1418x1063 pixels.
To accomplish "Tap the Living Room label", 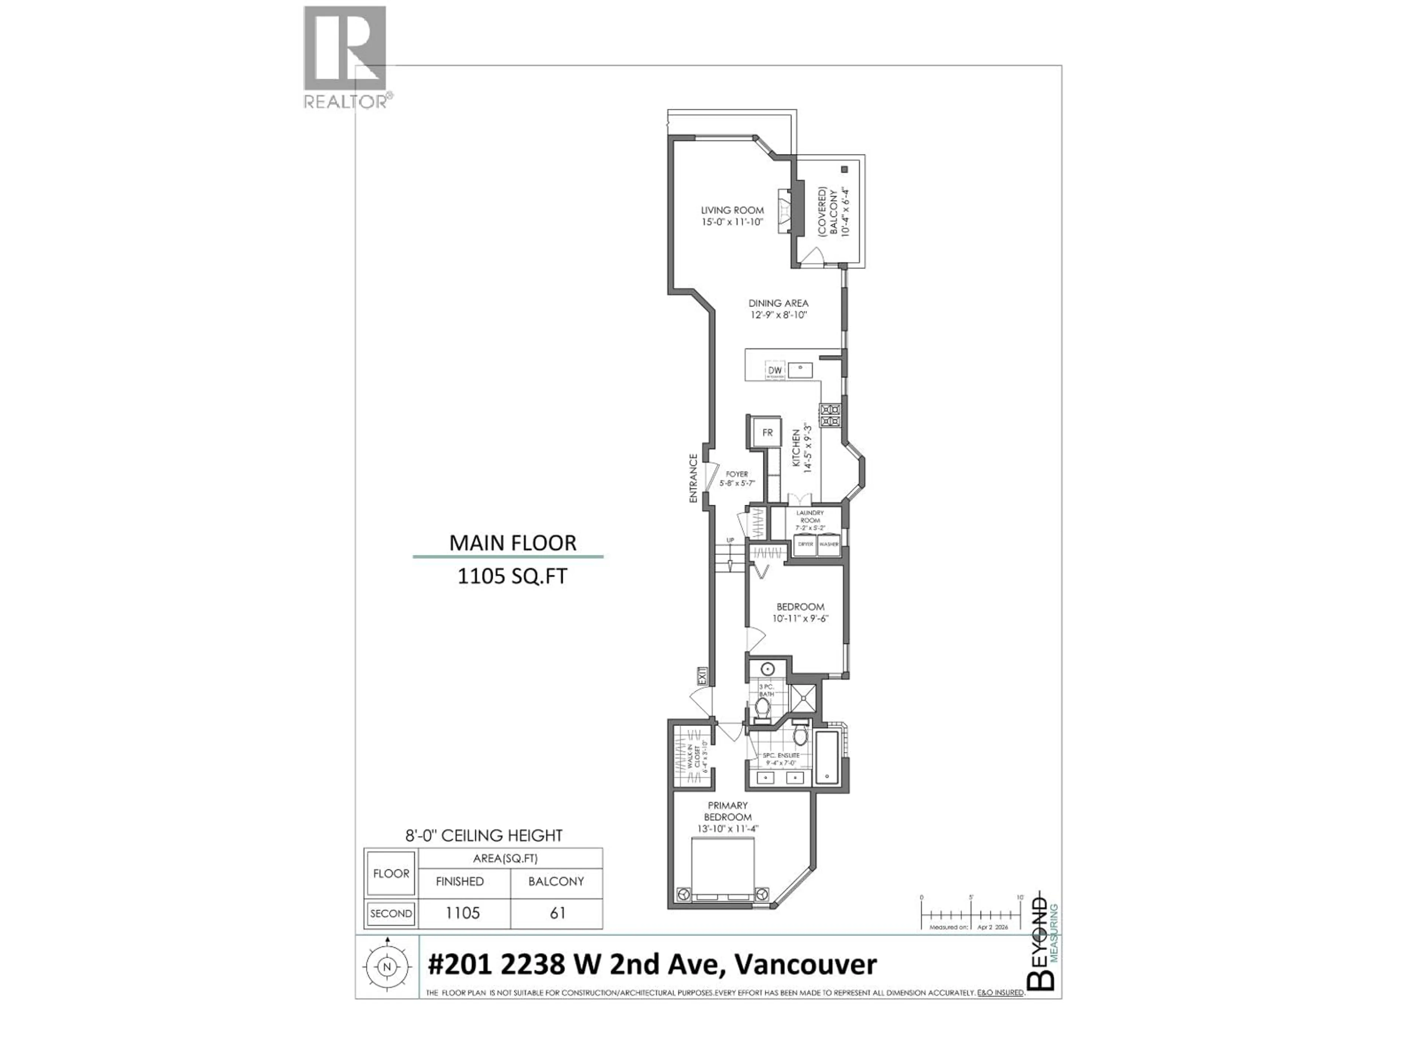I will (x=732, y=216).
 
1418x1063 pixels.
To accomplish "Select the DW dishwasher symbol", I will (x=775, y=370).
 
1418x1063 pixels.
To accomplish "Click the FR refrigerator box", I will (x=767, y=433).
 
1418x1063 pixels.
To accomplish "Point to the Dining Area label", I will (x=778, y=309).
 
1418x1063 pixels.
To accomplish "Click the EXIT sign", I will (x=703, y=675).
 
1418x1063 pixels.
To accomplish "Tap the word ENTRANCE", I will (x=693, y=478).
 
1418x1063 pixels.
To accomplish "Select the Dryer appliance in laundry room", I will (x=805, y=544).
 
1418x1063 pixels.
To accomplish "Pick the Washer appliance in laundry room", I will (x=829, y=544).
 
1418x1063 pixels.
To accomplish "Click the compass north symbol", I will (x=387, y=967).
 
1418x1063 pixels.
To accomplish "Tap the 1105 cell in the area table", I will (x=463, y=913).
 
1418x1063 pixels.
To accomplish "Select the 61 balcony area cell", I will (x=557, y=913).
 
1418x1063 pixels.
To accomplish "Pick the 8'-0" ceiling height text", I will (x=484, y=836).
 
